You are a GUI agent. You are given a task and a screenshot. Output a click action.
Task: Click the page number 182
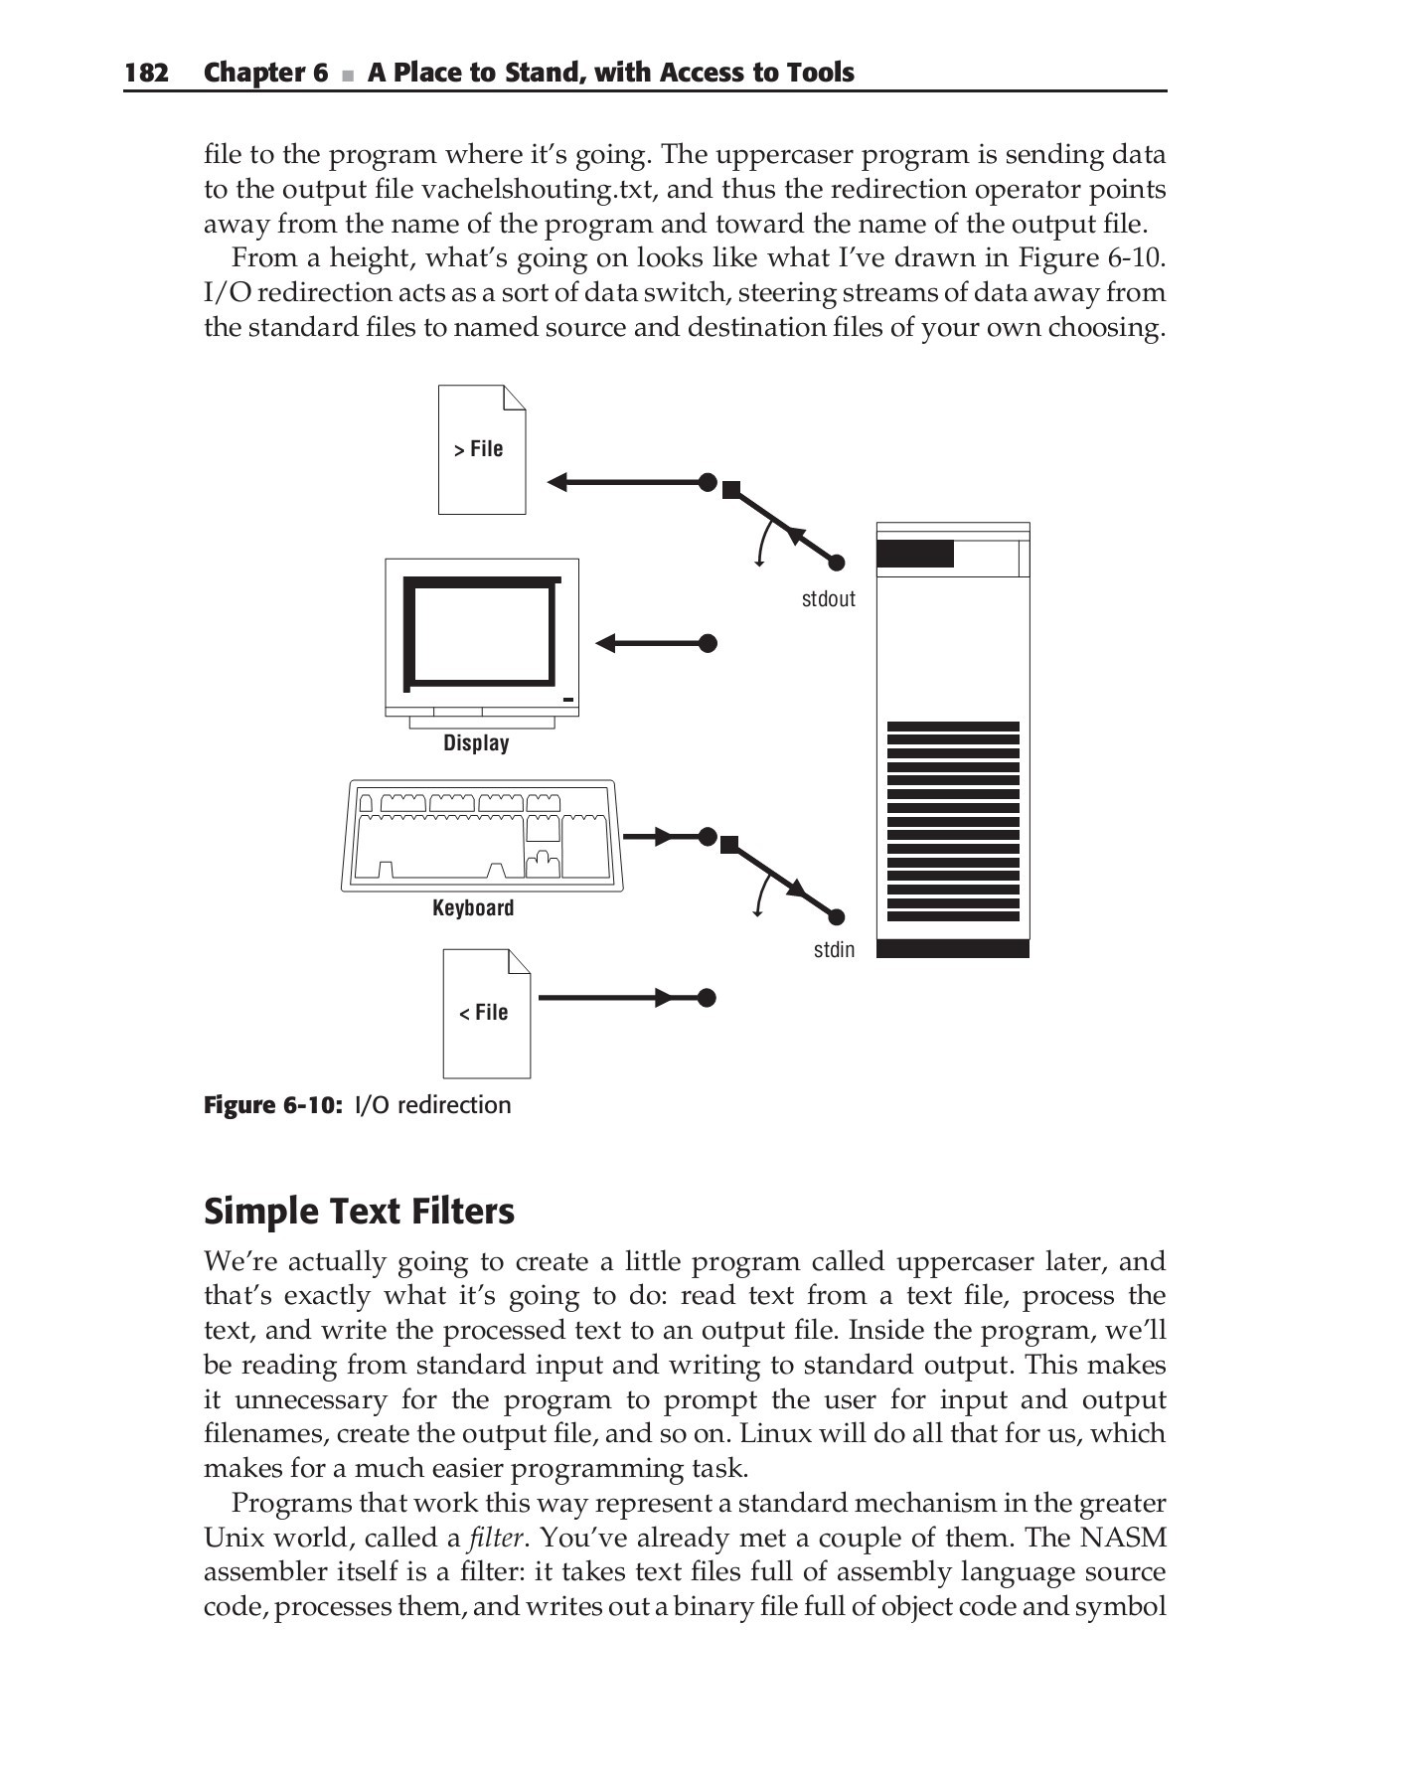tap(146, 73)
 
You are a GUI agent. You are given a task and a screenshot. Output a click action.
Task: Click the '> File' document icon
tap(482, 449)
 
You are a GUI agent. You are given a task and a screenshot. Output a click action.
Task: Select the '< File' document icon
tap(486, 1013)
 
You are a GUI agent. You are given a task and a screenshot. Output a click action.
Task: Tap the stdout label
tap(828, 599)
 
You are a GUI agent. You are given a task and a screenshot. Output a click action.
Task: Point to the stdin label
tap(834, 950)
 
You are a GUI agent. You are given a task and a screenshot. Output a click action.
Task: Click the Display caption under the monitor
tap(476, 743)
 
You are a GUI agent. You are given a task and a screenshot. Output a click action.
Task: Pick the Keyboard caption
tap(473, 908)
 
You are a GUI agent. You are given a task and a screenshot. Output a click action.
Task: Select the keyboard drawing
tap(481, 836)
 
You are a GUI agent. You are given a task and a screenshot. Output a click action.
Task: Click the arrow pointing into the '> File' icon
tap(626, 483)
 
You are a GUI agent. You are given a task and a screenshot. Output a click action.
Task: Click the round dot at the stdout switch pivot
tap(837, 563)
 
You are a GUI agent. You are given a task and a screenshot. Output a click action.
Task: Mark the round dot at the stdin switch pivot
tap(837, 917)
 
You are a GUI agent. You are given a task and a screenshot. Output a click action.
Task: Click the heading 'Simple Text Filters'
tap(359, 1212)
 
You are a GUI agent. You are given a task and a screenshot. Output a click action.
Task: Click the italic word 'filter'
tap(495, 1539)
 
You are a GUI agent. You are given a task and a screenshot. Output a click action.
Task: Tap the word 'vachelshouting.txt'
tap(535, 190)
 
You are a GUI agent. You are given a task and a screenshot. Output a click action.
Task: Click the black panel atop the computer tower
tap(915, 554)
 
